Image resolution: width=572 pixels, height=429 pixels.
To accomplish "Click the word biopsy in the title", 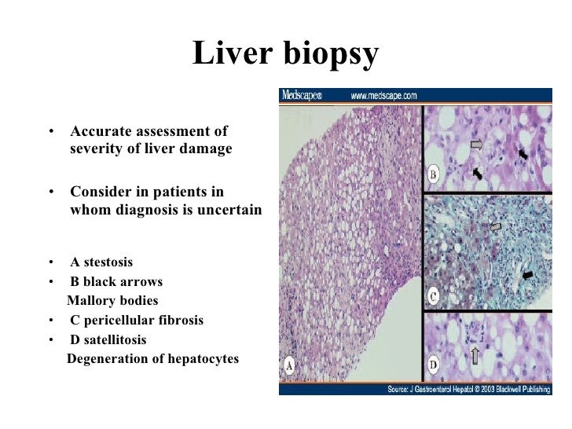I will click(x=331, y=55).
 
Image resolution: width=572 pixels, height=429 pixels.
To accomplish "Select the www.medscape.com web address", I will click(x=383, y=95).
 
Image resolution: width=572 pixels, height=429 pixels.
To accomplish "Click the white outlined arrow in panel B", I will click(x=478, y=145).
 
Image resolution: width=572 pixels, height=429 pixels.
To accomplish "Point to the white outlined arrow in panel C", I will click(x=495, y=227).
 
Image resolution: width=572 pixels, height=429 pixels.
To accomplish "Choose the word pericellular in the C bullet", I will click(x=121, y=321).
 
